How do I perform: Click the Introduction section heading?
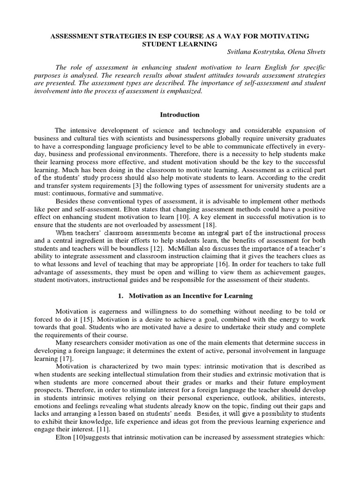(x=180, y=115)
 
